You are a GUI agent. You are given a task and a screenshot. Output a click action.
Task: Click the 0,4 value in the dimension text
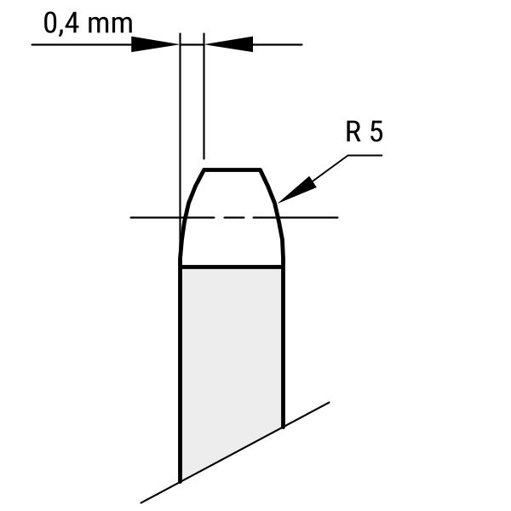[x=61, y=24]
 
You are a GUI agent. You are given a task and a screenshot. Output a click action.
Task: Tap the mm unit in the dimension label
[x=111, y=25]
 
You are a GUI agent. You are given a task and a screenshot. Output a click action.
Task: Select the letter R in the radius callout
[x=353, y=132]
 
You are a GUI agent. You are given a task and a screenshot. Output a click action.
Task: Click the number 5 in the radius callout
[x=376, y=132]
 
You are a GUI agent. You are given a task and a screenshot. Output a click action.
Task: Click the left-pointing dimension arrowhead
[x=229, y=44]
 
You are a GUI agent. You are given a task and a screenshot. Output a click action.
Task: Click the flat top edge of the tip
[x=232, y=169]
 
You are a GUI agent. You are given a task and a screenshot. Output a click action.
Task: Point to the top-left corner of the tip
[x=204, y=170]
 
